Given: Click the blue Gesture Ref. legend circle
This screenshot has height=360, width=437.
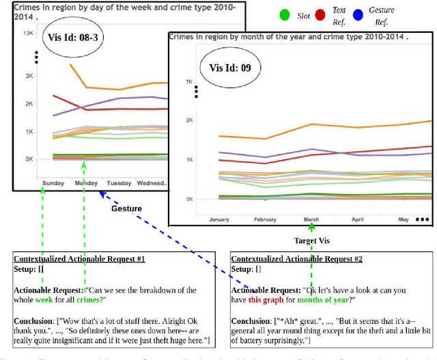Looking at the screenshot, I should click(393, 14).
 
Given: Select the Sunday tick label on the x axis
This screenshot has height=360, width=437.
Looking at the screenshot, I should click(54, 183).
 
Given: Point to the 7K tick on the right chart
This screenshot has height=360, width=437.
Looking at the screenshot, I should click(189, 81).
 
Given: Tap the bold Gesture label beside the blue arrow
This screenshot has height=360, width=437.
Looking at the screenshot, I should click(127, 208).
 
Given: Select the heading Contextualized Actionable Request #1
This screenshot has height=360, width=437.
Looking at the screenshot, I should click(79, 260).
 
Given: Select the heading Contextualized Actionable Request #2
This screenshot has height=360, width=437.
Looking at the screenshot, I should click(297, 260).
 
